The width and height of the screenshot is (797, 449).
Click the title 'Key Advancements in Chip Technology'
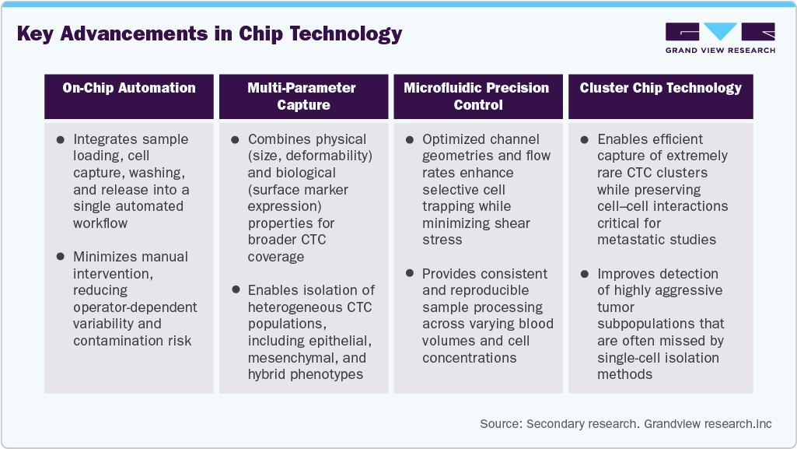point(209,34)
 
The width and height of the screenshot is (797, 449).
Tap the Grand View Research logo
point(719,37)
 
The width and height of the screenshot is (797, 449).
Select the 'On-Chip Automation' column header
point(129,88)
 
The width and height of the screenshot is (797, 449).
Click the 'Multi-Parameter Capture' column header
point(303,96)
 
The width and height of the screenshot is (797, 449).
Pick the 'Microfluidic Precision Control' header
point(477,96)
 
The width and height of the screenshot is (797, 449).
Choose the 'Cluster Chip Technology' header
point(660,88)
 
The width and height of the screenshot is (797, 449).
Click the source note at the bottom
point(626,423)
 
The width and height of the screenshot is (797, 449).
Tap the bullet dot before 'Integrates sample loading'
point(61,140)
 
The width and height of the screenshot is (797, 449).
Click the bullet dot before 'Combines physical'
point(236,140)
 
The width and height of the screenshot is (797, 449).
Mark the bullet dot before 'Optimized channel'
point(410,140)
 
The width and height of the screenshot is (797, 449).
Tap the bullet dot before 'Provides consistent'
point(410,274)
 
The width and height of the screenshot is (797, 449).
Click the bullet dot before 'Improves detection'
point(585,274)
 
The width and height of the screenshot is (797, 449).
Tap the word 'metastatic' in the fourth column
point(629,240)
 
